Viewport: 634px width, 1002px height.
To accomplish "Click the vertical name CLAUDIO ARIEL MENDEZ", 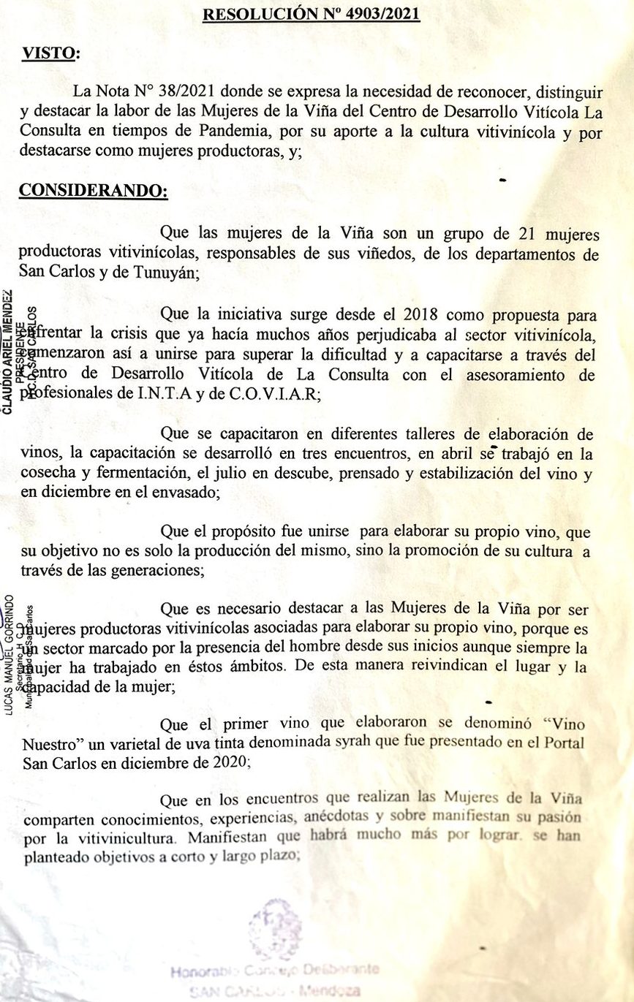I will point(7,352).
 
